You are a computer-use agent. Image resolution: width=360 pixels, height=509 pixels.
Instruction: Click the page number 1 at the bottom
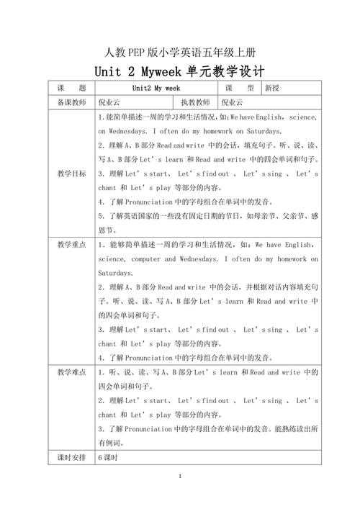pos(180,477)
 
